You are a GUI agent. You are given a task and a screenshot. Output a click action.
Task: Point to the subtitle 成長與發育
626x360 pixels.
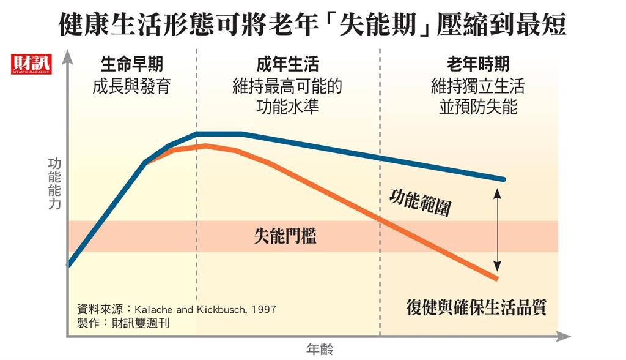tap(131, 86)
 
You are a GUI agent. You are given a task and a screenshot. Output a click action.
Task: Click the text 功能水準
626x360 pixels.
tap(287, 107)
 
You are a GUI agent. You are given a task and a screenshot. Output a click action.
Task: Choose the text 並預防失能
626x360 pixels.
tap(478, 107)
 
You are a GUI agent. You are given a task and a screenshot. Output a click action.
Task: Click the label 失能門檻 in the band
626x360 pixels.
tap(285, 236)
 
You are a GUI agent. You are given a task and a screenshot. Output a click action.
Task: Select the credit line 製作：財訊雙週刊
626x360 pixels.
tap(123, 323)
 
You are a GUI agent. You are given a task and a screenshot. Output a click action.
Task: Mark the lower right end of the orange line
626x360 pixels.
tap(497, 279)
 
